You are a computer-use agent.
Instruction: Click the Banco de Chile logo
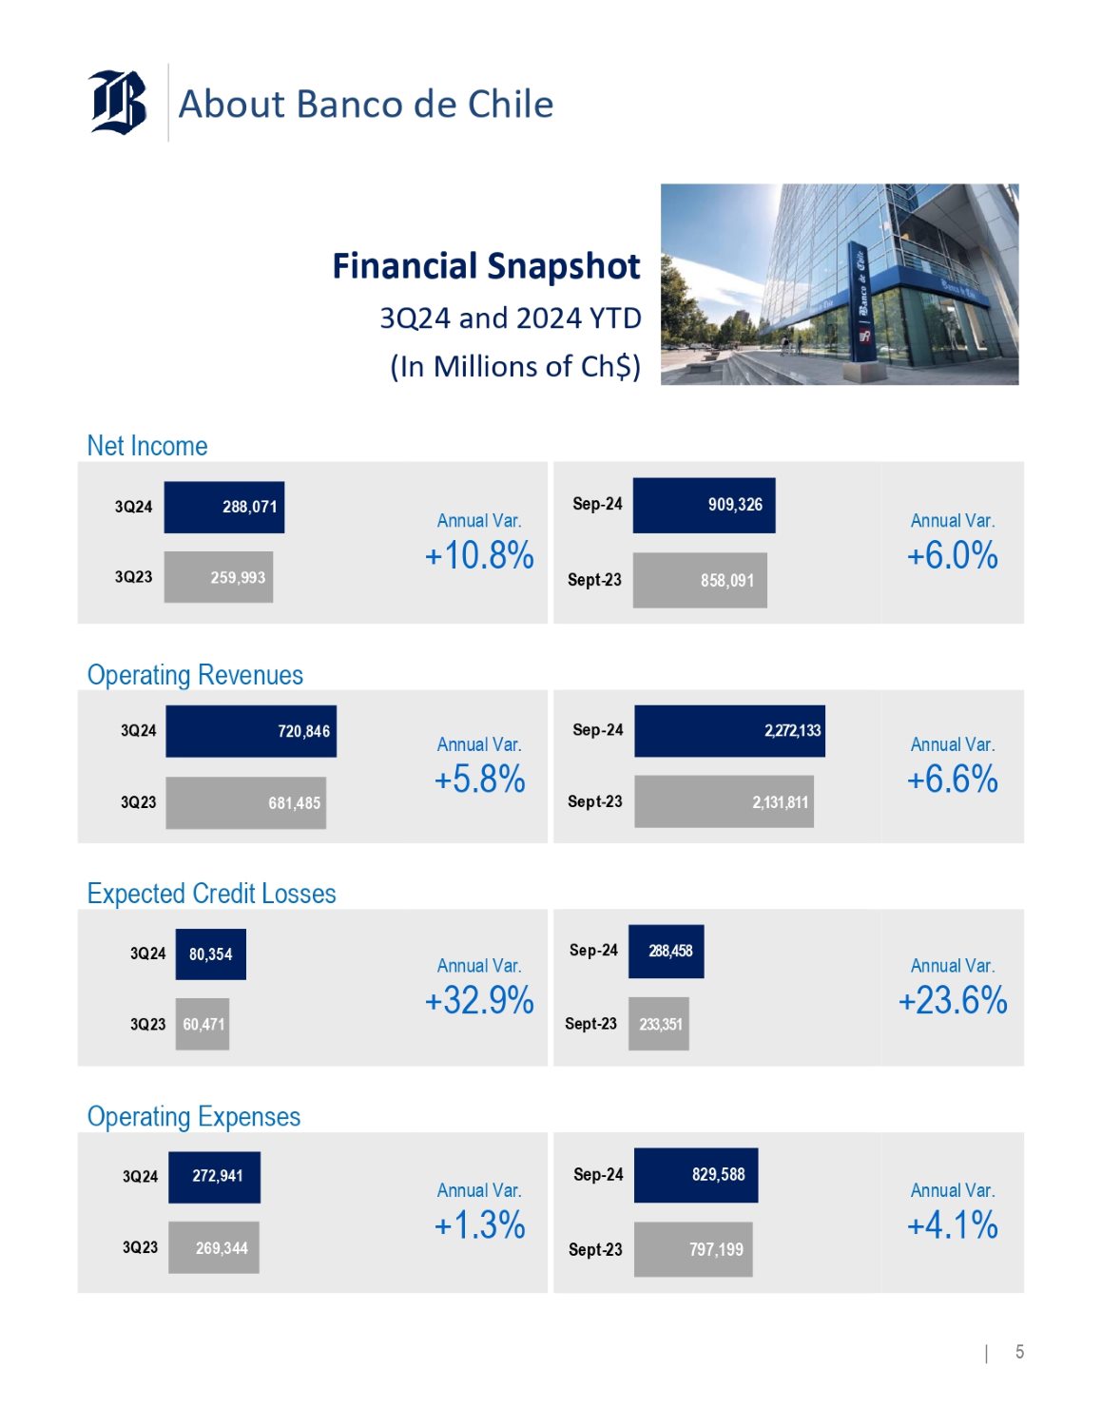pos(118,103)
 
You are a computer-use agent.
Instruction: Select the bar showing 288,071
pos(224,507)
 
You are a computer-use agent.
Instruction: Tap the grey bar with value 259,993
pos(219,577)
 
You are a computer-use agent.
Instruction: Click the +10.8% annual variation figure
pos(479,556)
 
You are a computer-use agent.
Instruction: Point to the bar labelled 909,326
pos(704,505)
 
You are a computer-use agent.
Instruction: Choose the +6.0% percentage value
pos(952,556)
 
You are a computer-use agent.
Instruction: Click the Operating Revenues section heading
pos(195,675)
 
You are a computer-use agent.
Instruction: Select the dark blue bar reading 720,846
pos(251,731)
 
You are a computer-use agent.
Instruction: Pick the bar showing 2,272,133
pos(729,731)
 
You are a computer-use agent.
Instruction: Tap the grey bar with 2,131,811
pos(724,802)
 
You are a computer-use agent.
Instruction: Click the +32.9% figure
pos(479,1001)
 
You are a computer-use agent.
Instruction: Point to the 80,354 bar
pos(211,954)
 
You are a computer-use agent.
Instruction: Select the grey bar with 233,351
pos(659,1024)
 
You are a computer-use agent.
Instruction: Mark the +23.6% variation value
pos(953,1001)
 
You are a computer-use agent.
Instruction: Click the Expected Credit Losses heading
pos(211,894)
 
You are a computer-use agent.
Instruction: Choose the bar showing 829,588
pos(696,1175)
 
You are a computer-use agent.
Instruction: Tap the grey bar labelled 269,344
pos(214,1247)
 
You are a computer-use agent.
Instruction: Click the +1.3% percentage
pos(479,1225)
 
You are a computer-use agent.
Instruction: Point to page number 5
pos(1019,1352)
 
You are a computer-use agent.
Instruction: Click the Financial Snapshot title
pos(486,266)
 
